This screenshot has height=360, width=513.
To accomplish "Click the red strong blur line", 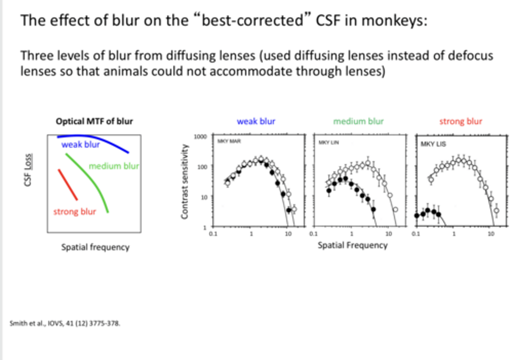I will pyautogui.click(x=68, y=184).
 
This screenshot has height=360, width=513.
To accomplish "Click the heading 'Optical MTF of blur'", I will pyautogui.click(x=94, y=122).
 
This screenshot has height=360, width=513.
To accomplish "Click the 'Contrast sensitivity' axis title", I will pyautogui.click(x=184, y=181).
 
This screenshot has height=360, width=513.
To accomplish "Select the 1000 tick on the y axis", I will pyautogui.click(x=200, y=137).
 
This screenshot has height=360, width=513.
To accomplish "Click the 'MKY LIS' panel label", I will pyautogui.click(x=433, y=144).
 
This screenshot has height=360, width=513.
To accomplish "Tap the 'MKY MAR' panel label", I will pyautogui.click(x=229, y=142).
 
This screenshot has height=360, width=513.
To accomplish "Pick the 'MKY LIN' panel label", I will pyautogui.click(x=328, y=143).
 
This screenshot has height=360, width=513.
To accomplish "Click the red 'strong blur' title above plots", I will pyautogui.click(x=461, y=122).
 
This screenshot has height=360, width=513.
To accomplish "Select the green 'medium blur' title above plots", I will pyautogui.click(x=358, y=122).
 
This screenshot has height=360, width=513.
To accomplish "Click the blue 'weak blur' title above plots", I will pyautogui.click(x=256, y=122).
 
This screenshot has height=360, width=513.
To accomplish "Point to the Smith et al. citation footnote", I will pyautogui.click(x=65, y=323).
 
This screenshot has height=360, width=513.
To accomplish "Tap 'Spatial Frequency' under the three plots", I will pyautogui.click(x=352, y=245).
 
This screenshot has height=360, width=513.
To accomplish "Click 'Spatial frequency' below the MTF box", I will pyautogui.click(x=95, y=247).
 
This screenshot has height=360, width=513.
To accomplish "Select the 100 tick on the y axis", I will pyautogui.click(x=202, y=167).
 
